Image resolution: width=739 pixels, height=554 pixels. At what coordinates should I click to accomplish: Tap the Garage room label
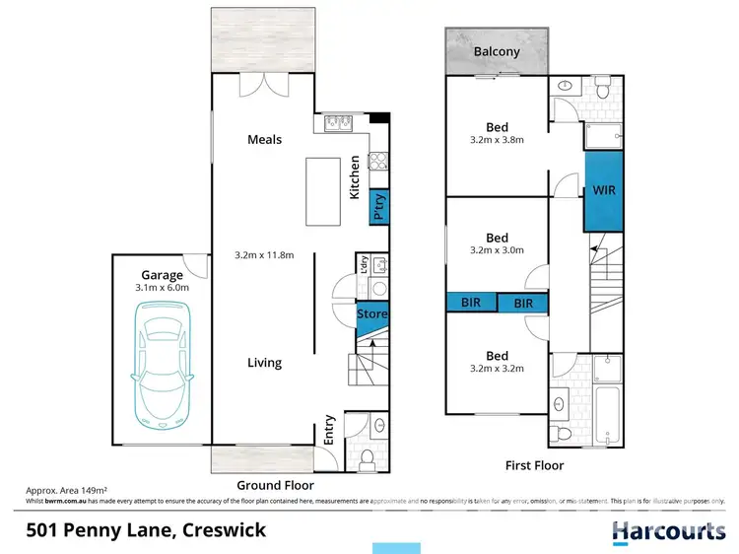point(162,276)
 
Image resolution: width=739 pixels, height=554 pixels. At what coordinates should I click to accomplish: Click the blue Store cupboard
point(372,314)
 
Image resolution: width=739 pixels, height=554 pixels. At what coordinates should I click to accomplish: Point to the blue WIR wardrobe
point(603,189)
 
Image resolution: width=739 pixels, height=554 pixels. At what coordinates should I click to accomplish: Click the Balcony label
point(497,51)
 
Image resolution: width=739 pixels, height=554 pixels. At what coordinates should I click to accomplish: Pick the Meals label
point(264,140)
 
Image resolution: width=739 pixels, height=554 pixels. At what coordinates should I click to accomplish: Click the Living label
point(264,363)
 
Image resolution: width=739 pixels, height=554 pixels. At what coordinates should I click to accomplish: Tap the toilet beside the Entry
point(367,457)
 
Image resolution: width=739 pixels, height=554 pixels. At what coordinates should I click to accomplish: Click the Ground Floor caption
point(275,485)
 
